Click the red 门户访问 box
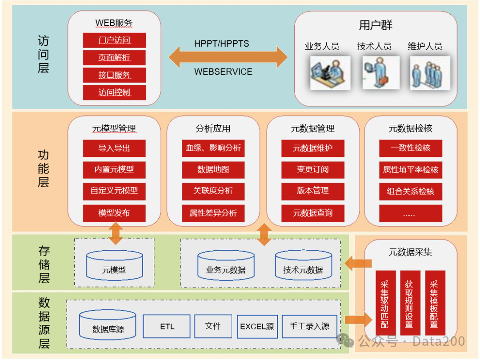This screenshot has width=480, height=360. pyautogui.click(x=114, y=40)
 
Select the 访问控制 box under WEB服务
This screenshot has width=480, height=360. pyautogui.click(x=114, y=92)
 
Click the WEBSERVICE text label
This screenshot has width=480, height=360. pyautogui.click(x=223, y=72)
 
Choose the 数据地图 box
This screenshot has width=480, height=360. pyautogui.click(x=213, y=170)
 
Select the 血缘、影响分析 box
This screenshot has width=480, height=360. pyautogui.click(x=213, y=148)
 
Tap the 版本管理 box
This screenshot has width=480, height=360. pyautogui.click(x=312, y=191)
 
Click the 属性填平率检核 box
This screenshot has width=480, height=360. pyautogui.click(x=410, y=170)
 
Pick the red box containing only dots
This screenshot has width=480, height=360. pyautogui.click(x=410, y=214)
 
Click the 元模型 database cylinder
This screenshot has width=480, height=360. pyautogui.click(x=114, y=265)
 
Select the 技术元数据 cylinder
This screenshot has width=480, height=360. pyautogui.click(x=303, y=266)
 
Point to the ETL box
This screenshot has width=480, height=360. pyautogui.click(x=167, y=326)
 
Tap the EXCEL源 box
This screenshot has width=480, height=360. pyautogui.click(x=257, y=327)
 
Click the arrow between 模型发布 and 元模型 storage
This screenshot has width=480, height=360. pyautogui.click(x=116, y=233)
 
